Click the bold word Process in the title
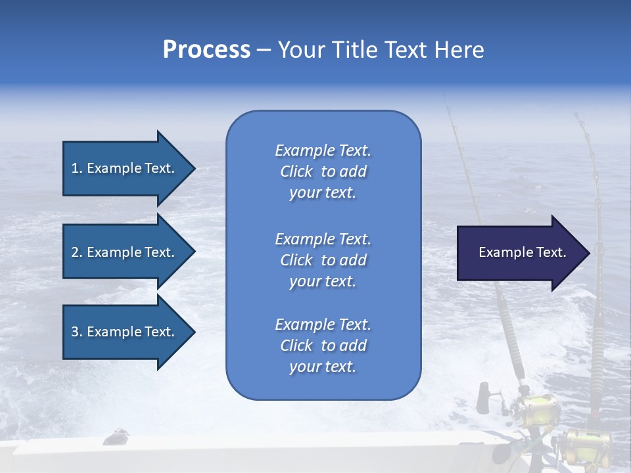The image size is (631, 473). pyautogui.click(x=206, y=50)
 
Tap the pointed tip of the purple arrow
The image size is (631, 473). pyautogui.click(x=588, y=252)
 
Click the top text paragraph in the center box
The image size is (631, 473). pyautogui.click(x=323, y=171)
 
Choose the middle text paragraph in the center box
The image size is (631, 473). pyautogui.click(x=323, y=260)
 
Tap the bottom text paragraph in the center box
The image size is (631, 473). pyautogui.click(x=323, y=346)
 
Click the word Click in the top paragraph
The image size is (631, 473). pyautogui.click(x=296, y=171)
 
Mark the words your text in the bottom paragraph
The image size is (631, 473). pyautogui.click(x=323, y=367)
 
